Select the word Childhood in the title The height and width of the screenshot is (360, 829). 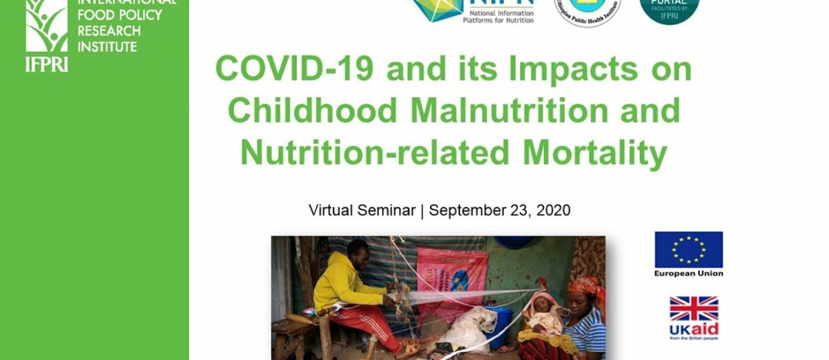tap(312, 111)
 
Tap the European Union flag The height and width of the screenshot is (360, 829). tap(689, 249)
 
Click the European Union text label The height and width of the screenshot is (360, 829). tap(689, 274)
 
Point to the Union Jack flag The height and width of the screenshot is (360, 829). tap(694, 309)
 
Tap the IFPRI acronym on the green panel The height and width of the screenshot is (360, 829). tap(47, 64)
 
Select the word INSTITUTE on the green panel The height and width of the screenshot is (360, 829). tap(107, 47)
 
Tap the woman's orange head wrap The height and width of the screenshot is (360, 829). tap(585, 287)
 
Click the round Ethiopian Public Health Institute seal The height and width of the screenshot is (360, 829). tap(587, 11)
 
